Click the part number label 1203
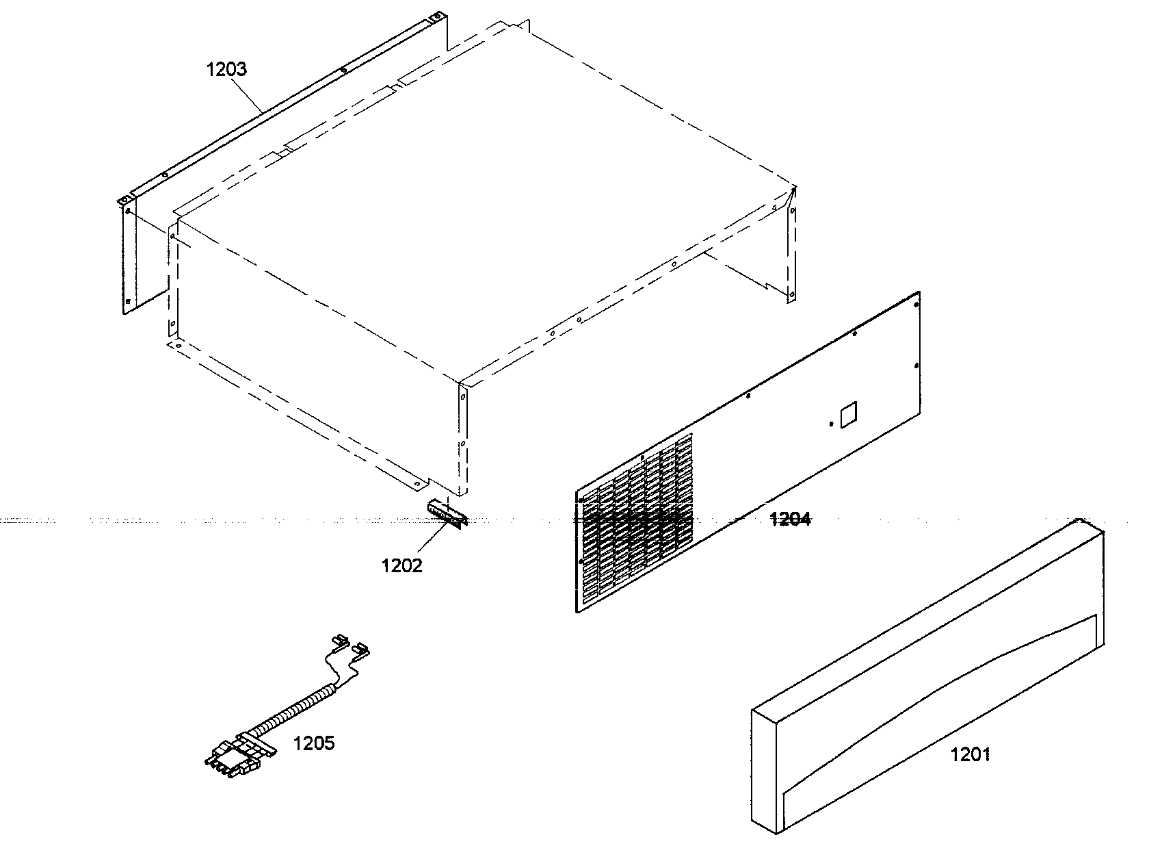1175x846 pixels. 226,69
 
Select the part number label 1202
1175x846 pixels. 401,565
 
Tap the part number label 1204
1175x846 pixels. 790,520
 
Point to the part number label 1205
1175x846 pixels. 314,743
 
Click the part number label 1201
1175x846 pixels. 970,754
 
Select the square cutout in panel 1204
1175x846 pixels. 847,414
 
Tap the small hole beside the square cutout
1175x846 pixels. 830,424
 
